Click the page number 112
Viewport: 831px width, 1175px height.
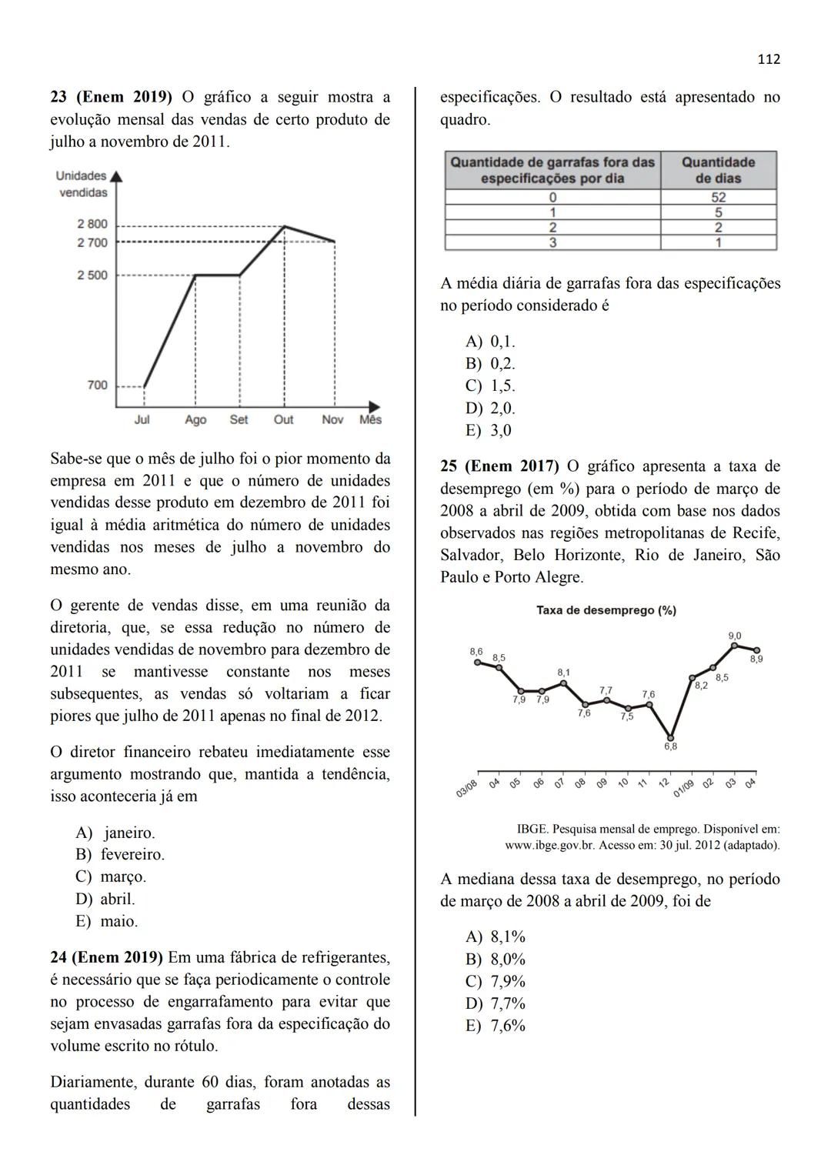coord(769,59)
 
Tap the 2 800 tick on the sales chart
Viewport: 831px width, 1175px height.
coord(92,224)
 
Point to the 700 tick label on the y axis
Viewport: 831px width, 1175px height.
coord(97,385)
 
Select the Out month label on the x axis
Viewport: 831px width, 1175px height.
coord(284,419)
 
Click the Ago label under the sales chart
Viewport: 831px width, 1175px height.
coord(195,419)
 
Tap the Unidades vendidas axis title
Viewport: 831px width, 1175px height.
coord(82,184)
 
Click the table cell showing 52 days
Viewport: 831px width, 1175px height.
coord(718,197)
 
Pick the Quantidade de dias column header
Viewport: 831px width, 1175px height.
coord(718,170)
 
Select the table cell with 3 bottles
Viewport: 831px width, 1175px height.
coord(552,242)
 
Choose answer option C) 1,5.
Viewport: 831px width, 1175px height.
coord(491,386)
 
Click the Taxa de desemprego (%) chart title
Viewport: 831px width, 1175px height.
coord(606,610)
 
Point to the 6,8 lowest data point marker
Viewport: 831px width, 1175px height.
coord(671,736)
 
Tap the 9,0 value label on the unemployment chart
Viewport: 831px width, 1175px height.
coord(735,636)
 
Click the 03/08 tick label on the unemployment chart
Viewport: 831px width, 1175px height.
coord(467,789)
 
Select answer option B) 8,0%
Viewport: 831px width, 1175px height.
coord(496,959)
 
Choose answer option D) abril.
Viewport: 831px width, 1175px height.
coord(106,899)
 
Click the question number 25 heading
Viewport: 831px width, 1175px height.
coord(499,466)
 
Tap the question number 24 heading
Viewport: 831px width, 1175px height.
coord(106,957)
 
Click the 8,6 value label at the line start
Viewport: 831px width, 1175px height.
coord(476,652)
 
